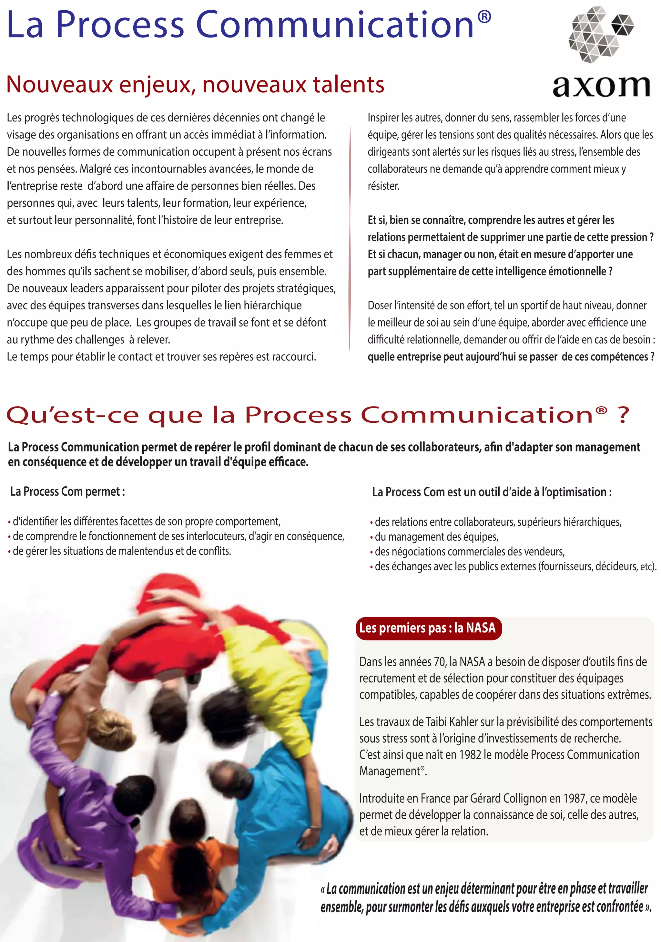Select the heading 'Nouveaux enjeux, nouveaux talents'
[x=195, y=85]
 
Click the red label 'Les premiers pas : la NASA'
[x=427, y=628]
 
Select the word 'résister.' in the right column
[x=383, y=186]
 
